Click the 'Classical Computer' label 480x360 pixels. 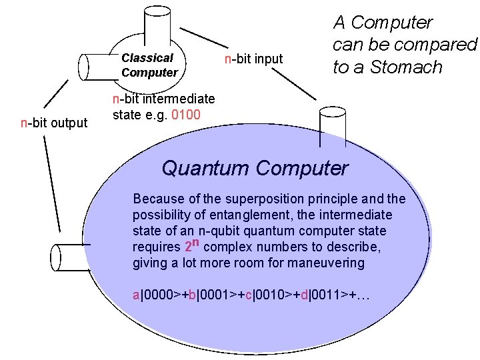coord(149,65)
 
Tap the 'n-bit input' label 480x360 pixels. coord(253,59)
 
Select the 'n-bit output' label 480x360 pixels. coord(54,123)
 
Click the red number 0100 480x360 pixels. coord(184,115)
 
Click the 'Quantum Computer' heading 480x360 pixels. coord(255,168)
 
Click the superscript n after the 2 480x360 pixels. coord(197,242)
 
